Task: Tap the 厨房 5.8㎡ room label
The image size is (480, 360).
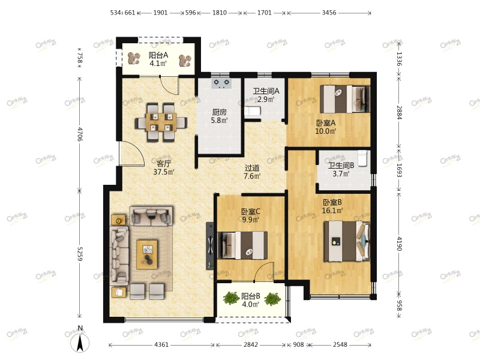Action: pyautogui.click(x=219, y=116)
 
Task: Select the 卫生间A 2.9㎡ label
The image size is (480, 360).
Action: pyautogui.click(x=266, y=95)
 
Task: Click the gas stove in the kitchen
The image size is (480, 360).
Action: pyautogui.click(x=221, y=83)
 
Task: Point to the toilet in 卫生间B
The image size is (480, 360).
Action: pyautogui.click(x=362, y=158)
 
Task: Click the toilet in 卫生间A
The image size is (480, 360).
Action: pyautogui.click(x=252, y=111)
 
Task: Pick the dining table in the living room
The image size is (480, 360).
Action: pyautogui.click(x=161, y=122)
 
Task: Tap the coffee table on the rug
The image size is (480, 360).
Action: pyautogui.click(x=147, y=254)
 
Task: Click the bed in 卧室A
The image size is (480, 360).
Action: pyautogui.click(x=344, y=99)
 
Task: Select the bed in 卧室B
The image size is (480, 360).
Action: pyautogui.click(x=347, y=241)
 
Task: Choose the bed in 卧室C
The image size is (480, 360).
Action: pyautogui.click(x=242, y=245)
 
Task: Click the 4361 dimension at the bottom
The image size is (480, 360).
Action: pyautogui.click(x=161, y=344)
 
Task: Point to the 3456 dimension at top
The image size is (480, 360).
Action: pyautogui.click(x=329, y=13)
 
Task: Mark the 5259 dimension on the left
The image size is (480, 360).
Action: pyautogui.click(x=80, y=254)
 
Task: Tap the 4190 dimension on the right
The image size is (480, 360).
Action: pyautogui.click(x=399, y=244)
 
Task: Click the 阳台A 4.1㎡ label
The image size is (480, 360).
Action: pyautogui.click(x=158, y=59)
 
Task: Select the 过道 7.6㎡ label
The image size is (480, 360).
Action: pyautogui.click(x=252, y=172)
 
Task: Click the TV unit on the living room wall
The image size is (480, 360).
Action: pyautogui.click(x=210, y=246)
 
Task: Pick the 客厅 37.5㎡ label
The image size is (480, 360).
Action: pyautogui.click(x=164, y=167)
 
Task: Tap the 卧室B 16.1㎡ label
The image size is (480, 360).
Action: pyautogui.click(x=332, y=206)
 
